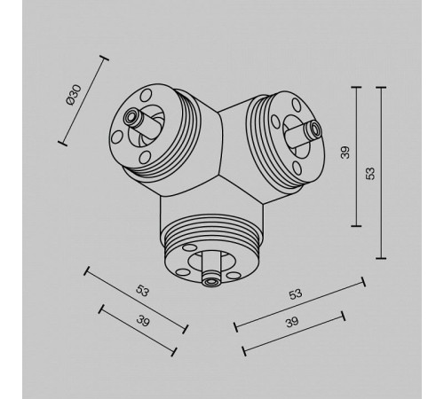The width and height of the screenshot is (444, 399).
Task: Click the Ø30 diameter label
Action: (x=74, y=95)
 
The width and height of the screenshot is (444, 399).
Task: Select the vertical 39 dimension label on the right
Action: (x=345, y=153)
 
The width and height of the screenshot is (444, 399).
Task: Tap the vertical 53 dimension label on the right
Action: (x=370, y=173)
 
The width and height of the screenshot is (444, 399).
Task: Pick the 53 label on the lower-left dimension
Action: (x=142, y=291)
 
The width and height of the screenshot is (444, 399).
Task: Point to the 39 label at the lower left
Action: (x=143, y=321)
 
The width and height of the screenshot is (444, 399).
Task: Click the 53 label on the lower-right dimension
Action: (x=296, y=294)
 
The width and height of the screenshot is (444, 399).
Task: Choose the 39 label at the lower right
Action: (x=292, y=322)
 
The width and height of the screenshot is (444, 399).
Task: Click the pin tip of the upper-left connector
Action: (x=131, y=116)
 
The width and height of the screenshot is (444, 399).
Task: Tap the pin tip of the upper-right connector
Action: (x=314, y=129)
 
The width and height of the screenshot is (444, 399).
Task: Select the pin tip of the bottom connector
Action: (x=211, y=282)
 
